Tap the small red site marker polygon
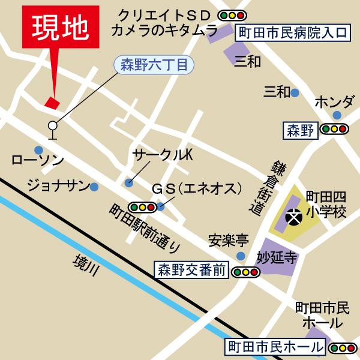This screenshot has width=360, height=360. coord(52,102)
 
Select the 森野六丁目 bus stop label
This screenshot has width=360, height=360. coord(154,63)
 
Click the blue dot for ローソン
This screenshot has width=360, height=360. coord(39,149)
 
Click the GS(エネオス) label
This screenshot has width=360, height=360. coord(195,188)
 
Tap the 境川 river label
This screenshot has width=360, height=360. coord(84,265)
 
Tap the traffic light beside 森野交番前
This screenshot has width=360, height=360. coord(246,272)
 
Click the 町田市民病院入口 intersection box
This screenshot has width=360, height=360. coord(292,32)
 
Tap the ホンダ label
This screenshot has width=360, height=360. coord(334,100)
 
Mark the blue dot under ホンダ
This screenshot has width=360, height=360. coord(338,115)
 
